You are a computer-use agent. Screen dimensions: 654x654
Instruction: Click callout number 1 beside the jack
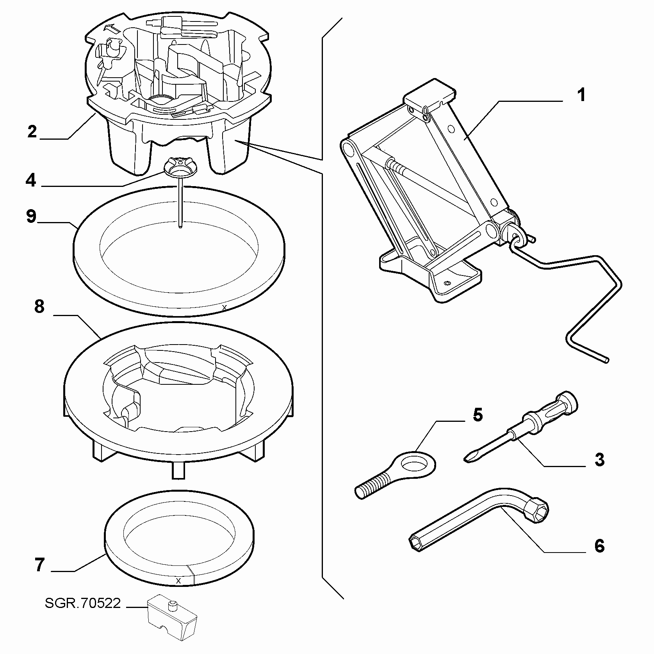point(581,95)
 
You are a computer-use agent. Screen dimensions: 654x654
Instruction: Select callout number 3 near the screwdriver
point(599,459)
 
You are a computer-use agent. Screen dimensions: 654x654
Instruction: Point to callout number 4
point(31,180)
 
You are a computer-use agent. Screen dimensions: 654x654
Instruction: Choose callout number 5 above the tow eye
point(478,415)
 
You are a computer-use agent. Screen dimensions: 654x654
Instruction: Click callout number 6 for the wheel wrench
point(599,546)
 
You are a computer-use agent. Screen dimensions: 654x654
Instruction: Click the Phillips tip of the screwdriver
point(469,457)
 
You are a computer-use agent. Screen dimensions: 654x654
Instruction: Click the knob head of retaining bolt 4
point(181,167)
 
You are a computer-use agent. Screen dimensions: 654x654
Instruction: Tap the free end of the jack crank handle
point(606,361)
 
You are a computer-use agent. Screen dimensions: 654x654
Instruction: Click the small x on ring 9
point(224,308)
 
